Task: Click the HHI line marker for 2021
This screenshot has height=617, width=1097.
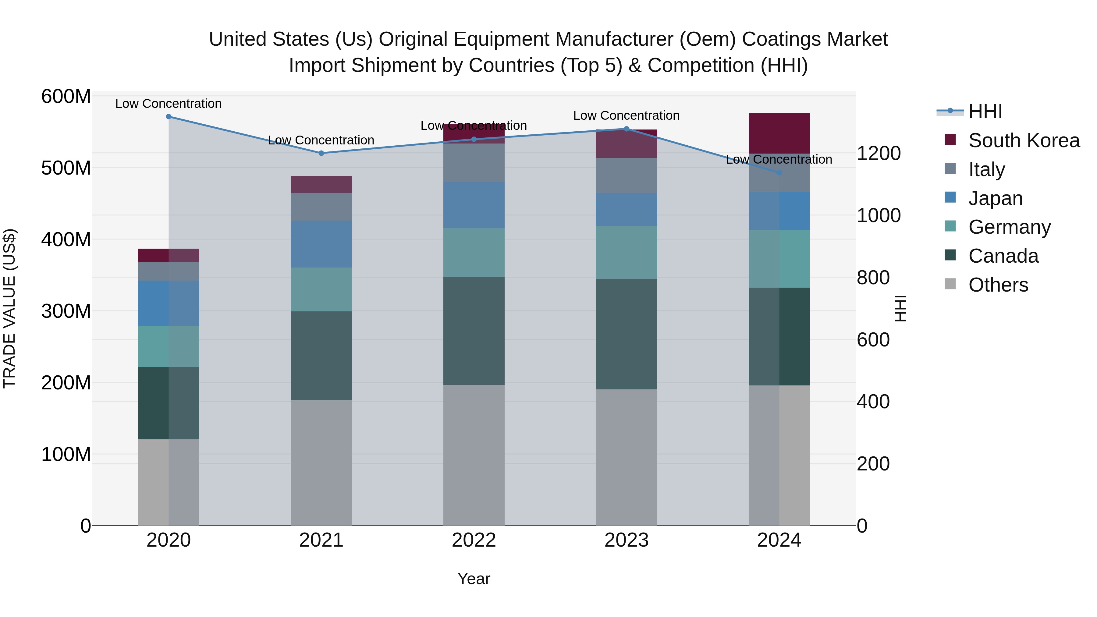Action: tap(321, 153)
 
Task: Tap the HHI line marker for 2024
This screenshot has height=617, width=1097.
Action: tap(779, 173)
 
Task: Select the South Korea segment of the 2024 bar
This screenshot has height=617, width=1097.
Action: tap(779, 133)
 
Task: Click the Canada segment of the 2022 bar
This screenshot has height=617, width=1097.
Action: tap(474, 331)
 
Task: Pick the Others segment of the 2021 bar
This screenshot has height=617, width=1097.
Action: tap(321, 463)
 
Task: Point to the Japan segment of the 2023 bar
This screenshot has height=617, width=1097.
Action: tap(627, 210)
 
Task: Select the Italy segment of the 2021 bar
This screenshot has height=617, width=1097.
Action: tap(321, 207)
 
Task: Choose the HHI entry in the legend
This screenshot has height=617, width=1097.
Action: tap(985, 112)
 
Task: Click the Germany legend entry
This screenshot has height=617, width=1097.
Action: tap(1009, 227)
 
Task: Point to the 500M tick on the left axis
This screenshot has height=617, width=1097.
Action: tap(66, 168)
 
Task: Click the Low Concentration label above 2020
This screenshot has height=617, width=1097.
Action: tap(169, 104)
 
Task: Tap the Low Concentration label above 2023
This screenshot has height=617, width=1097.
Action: tap(627, 116)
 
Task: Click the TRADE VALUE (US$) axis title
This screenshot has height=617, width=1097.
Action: tap(10, 308)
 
